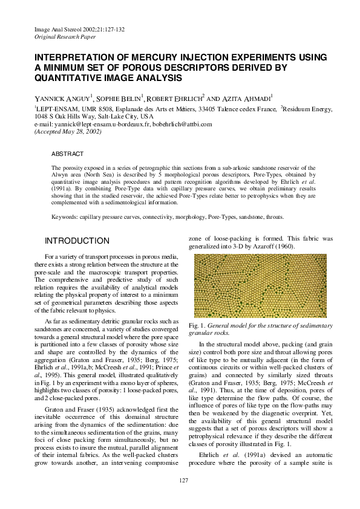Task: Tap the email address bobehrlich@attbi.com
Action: [x=182, y=124]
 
